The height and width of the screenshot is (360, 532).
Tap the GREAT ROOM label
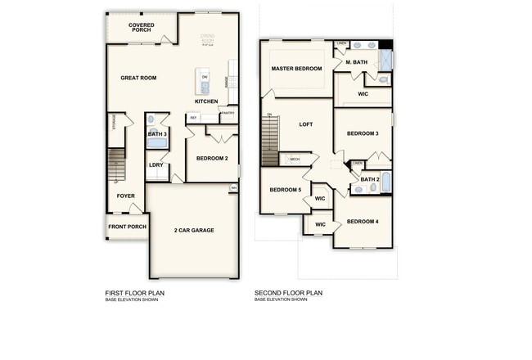138,78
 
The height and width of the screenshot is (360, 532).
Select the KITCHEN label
206,101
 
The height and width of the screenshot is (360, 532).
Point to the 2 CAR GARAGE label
194,231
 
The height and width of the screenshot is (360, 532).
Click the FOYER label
125,196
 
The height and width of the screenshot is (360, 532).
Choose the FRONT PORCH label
125,227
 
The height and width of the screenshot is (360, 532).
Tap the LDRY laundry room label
156,165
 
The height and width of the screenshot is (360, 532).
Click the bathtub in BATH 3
156,143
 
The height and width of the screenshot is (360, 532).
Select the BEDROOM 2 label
212,158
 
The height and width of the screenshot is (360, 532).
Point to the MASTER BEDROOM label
296,69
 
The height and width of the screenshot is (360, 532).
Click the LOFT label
306,124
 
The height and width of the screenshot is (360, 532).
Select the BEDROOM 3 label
362,133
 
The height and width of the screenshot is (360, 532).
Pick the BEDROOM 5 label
286,190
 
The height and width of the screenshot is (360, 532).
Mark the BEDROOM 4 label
362,222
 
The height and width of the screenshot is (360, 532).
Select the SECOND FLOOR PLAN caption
288,293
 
